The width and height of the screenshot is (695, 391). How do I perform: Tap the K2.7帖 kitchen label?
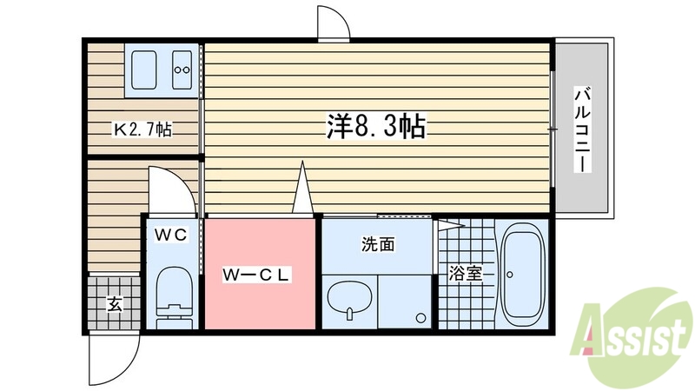pyautogui.click(x=143, y=130)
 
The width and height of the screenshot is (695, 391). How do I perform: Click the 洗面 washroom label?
pyautogui.click(x=378, y=245)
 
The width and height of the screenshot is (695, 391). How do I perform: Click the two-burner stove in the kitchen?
pyautogui.click(x=182, y=69)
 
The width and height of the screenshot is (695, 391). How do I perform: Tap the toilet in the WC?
pyautogui.click(x=172, y=295)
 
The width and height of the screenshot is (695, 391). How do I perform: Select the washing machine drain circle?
pyautogui.click(x=420, y=316)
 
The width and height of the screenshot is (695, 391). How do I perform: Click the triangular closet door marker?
pyautogui.click(x=302, y=187)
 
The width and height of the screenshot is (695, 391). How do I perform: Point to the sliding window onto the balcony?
pyautogui.click(x=553, y=128)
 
